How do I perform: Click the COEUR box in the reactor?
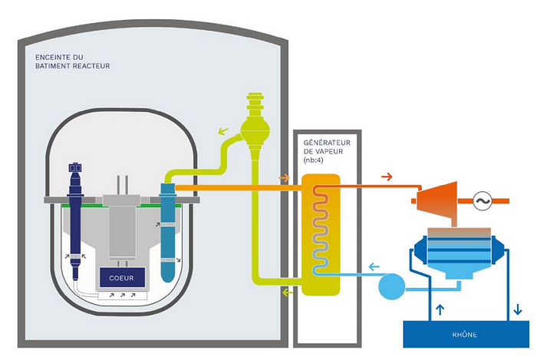point(122,277)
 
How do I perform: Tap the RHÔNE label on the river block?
point(464,335)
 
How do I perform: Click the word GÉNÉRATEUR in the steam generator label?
point(327,143)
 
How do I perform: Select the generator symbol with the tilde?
point(483,201)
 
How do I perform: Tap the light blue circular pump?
point(391,286)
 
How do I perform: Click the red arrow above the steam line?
point(387,177)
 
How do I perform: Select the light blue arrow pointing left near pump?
point(374,266)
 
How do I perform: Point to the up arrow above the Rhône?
point(440,309)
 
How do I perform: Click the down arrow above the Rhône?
point(518,309)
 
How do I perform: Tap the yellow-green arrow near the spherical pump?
point(223,130)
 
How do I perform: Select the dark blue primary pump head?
point(75,167)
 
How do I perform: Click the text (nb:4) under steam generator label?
point(313,160)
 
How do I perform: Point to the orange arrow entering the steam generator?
point(284,178)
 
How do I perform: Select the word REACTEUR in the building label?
point(94,66)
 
